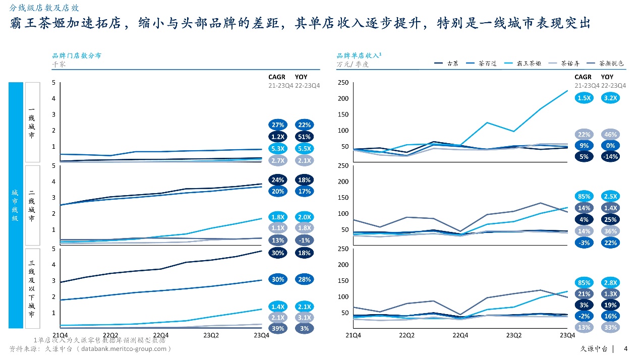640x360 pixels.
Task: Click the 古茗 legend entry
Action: click(x=446, y=64)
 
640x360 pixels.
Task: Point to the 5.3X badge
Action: click(x=278, y=149)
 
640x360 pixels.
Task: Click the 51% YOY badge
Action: click(x=304, y=137)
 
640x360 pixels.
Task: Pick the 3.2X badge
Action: click(x=610, y=98)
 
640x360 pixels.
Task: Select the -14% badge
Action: click(x=610, y=157)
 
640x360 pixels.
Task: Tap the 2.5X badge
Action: click(x=610, y=197)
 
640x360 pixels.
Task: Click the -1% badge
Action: click(x=304, y=241)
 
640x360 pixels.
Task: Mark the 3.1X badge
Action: click(x=304, y=318)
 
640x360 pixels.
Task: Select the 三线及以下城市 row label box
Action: click(x=32, y=289)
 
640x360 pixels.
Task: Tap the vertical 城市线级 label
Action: click(x=16, y=206)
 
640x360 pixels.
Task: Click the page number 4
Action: click(x=626, y=348)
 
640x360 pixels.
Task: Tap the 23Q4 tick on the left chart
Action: click(x=261, y=335)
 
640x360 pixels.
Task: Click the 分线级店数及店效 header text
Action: click(x=44, y=8)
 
